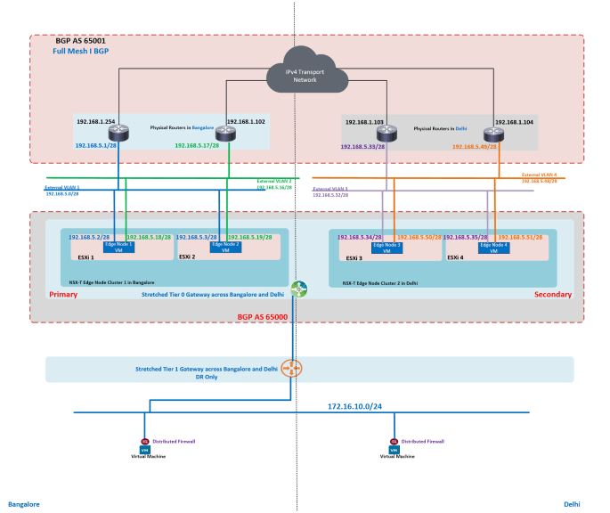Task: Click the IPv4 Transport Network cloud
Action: coord(305,74)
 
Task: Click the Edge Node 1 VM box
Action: coord(118,247)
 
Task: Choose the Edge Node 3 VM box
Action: coord(386,248)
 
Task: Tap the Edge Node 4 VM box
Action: coord(492,248)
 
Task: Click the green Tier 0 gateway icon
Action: coord(297,289)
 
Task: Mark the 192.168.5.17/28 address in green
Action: coord(197,145)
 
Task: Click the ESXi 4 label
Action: coord(457,256)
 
